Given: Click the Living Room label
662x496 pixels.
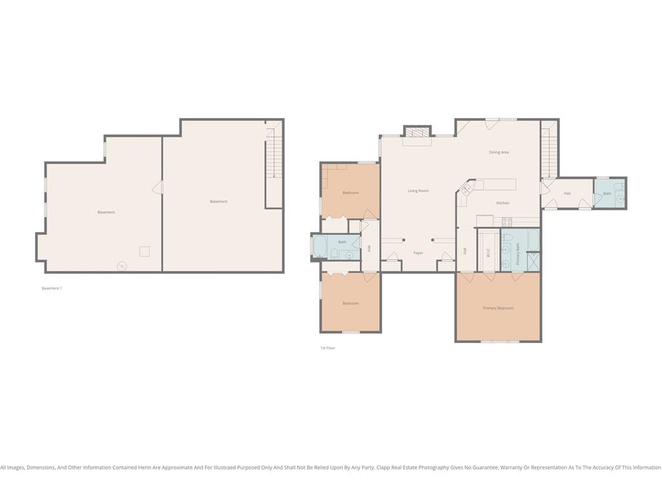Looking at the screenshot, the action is (x=418, y=191).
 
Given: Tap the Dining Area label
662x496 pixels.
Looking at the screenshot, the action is (x=498, y=152).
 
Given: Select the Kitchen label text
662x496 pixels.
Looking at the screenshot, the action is (x=503, y=203).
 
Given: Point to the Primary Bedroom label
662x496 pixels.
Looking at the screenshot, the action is (x=498, y=308).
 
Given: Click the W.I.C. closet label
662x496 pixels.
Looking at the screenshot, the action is (x=488, y=253).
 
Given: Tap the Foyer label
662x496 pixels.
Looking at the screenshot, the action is (x=418, y=253).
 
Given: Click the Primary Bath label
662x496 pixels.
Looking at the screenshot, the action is (x=518, y=254).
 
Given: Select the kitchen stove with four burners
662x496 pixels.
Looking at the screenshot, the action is (x=507, y=222).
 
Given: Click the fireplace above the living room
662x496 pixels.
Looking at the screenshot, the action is (x=417, y=131).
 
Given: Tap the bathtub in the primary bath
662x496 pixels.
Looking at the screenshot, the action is (x=533, y=240).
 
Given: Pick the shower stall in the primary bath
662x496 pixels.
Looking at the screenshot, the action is (x=533, y=261).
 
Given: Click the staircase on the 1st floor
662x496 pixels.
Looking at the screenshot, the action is (x=550, y=150).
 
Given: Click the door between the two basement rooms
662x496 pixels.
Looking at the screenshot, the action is (x=158, y=187).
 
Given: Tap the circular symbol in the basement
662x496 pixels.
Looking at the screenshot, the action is (x=122, y=265).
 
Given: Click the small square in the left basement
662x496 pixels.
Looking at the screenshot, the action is (x=144, y=251).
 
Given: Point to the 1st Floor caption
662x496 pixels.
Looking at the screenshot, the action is (x=328, y=348).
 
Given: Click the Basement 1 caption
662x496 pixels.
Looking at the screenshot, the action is (x=52, y=289).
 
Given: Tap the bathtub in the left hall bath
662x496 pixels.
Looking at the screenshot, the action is (x=319, y=247).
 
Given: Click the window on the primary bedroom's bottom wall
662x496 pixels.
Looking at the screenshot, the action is (x=500, y=342).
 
